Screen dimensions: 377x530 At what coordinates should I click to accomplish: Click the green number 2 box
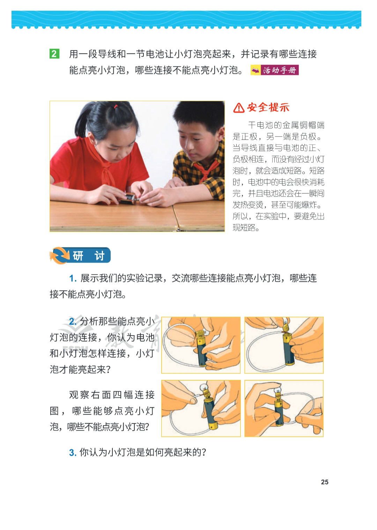coord(54,54)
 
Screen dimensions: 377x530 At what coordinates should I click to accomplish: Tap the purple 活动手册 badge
coord(280,70)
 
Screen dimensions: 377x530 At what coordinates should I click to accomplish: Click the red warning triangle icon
coord(239,108)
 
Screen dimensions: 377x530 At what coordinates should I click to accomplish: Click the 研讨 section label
coord(89,256)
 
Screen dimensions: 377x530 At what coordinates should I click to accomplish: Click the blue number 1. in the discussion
coord(73,279)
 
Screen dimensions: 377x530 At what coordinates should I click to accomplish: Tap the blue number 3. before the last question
coord(73,453)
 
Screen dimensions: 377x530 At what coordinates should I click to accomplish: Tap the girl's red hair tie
coord(116,106)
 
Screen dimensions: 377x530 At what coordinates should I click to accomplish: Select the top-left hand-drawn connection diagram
coord(201,345)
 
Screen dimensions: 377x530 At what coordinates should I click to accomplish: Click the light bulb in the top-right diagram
coord(285,322)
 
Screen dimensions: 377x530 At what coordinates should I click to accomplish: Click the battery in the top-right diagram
coord(289,348)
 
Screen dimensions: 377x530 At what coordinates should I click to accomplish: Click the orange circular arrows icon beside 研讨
coord(59,255)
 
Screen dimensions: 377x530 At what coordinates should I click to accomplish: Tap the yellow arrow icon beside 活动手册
coord(256,70)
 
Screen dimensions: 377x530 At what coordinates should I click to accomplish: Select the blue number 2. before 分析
coord(73,322)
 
